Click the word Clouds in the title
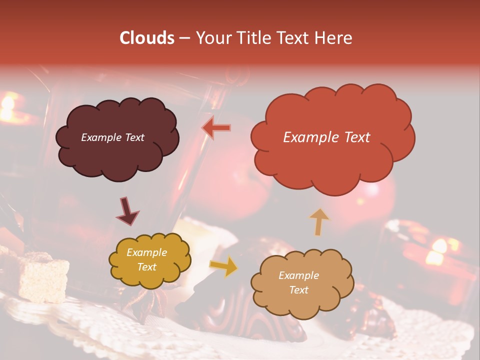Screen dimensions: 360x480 click(x=147, y=38)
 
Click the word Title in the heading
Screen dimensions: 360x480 click(x=251, y=38)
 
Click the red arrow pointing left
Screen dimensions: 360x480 click(x=216, y=128)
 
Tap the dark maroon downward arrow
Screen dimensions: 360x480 click(x=127, y=211)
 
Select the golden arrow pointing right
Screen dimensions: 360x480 click(x=223, y=267)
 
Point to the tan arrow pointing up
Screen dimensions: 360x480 click(x=319, y=221)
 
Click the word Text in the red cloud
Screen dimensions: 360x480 click(x=354, y=137)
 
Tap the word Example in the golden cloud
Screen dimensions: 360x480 click(x=147, y=252)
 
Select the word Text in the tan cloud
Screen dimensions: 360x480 click(x=298, y=290)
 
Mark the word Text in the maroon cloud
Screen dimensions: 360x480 click(x=134, y=137)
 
